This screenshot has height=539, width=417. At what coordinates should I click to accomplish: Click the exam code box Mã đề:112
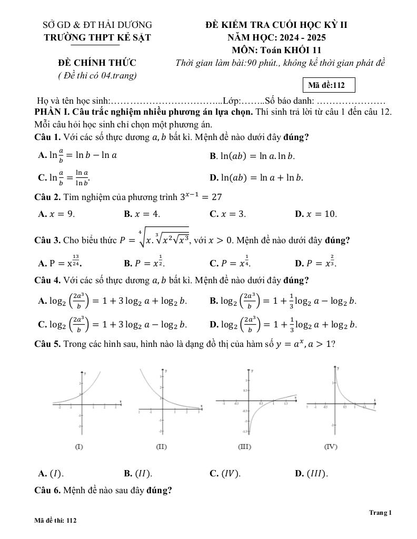[327, 85]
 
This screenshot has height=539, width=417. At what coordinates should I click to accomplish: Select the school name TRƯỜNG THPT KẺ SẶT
[97, 37]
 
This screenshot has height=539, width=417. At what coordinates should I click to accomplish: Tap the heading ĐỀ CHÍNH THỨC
[97, 63]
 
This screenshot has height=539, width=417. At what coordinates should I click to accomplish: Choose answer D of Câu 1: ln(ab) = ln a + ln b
[256, 177]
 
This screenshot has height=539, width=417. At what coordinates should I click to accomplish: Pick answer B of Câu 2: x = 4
[142, 214]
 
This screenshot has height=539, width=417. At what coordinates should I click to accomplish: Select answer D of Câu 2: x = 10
[316, 214]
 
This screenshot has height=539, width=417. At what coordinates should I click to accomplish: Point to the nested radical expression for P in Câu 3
[155, 239]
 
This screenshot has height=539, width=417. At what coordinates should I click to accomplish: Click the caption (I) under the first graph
[79, 447]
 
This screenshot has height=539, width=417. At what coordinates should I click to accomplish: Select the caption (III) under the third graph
[244, 447]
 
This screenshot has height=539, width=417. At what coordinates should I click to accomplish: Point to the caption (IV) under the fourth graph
[331, 447]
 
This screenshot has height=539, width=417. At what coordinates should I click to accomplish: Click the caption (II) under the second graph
[162, 447]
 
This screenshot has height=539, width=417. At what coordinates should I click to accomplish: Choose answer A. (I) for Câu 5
[51, 473]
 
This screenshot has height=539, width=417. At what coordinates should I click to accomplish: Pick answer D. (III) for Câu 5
[312, 473]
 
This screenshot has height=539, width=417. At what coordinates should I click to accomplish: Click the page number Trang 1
[381, 513]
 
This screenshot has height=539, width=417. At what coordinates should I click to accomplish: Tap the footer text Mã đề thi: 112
[56, 520]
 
